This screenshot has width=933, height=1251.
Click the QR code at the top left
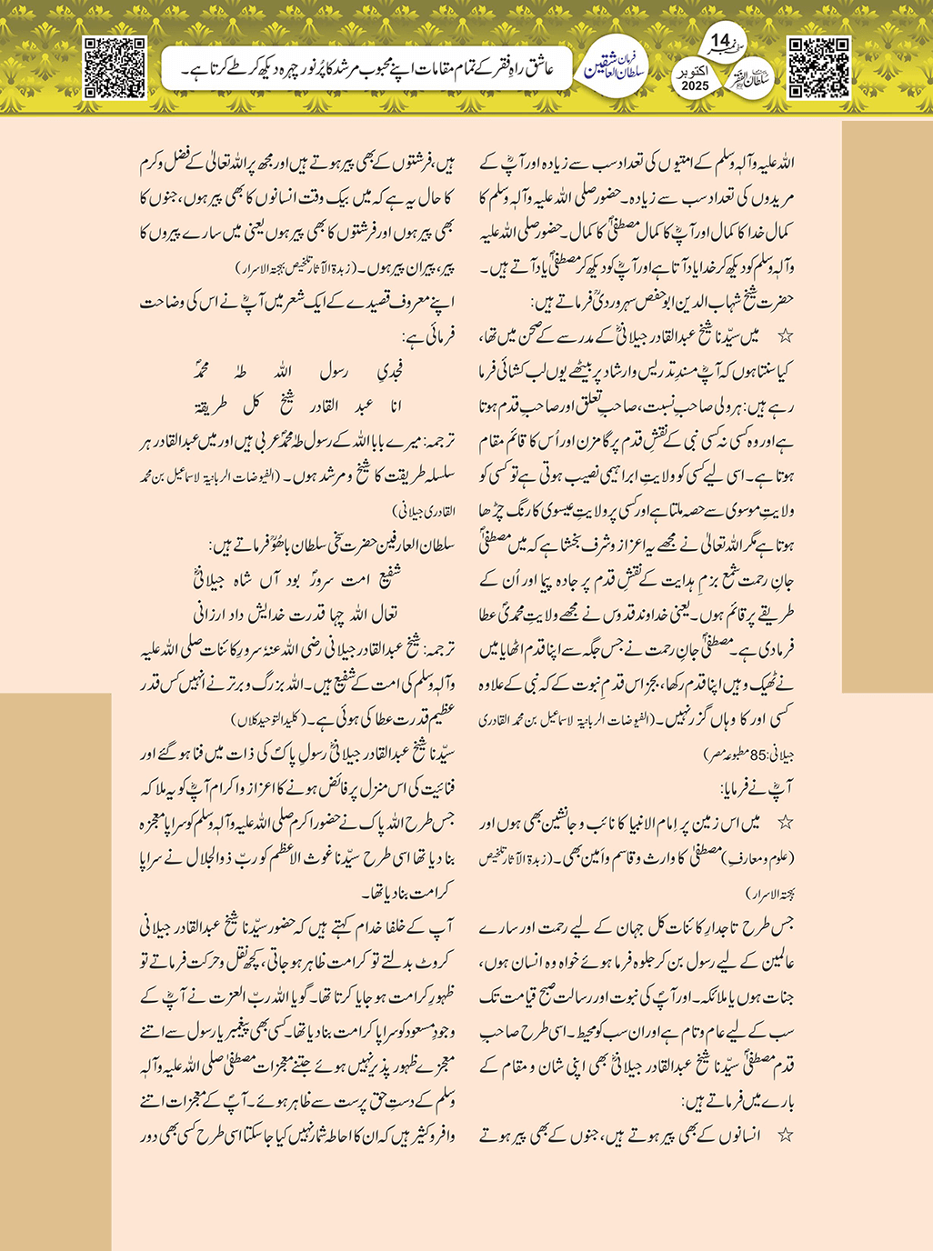(115, 67)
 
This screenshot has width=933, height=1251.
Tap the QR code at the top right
(818, 67)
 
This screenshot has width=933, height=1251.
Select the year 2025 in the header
(695, 85)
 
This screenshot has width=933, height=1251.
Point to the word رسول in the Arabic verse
(334, 372)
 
